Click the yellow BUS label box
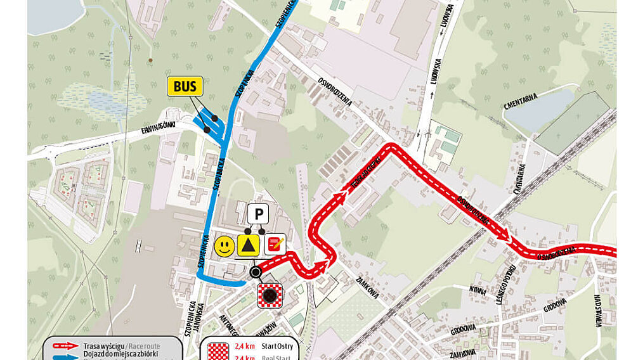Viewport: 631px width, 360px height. (185, 86)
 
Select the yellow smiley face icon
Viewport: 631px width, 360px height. (224, 246)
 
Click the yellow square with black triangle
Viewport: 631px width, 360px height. (249, 245)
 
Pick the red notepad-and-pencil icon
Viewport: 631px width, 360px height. (274, 244)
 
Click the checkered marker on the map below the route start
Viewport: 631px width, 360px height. (270, 295)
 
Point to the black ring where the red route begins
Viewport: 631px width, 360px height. (255, 273)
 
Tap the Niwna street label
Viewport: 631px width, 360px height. (477, 290)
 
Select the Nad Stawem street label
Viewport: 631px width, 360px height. (599, 311)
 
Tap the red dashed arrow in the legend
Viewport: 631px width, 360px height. (65, 346)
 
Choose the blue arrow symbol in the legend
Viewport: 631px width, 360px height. (65, 356)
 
